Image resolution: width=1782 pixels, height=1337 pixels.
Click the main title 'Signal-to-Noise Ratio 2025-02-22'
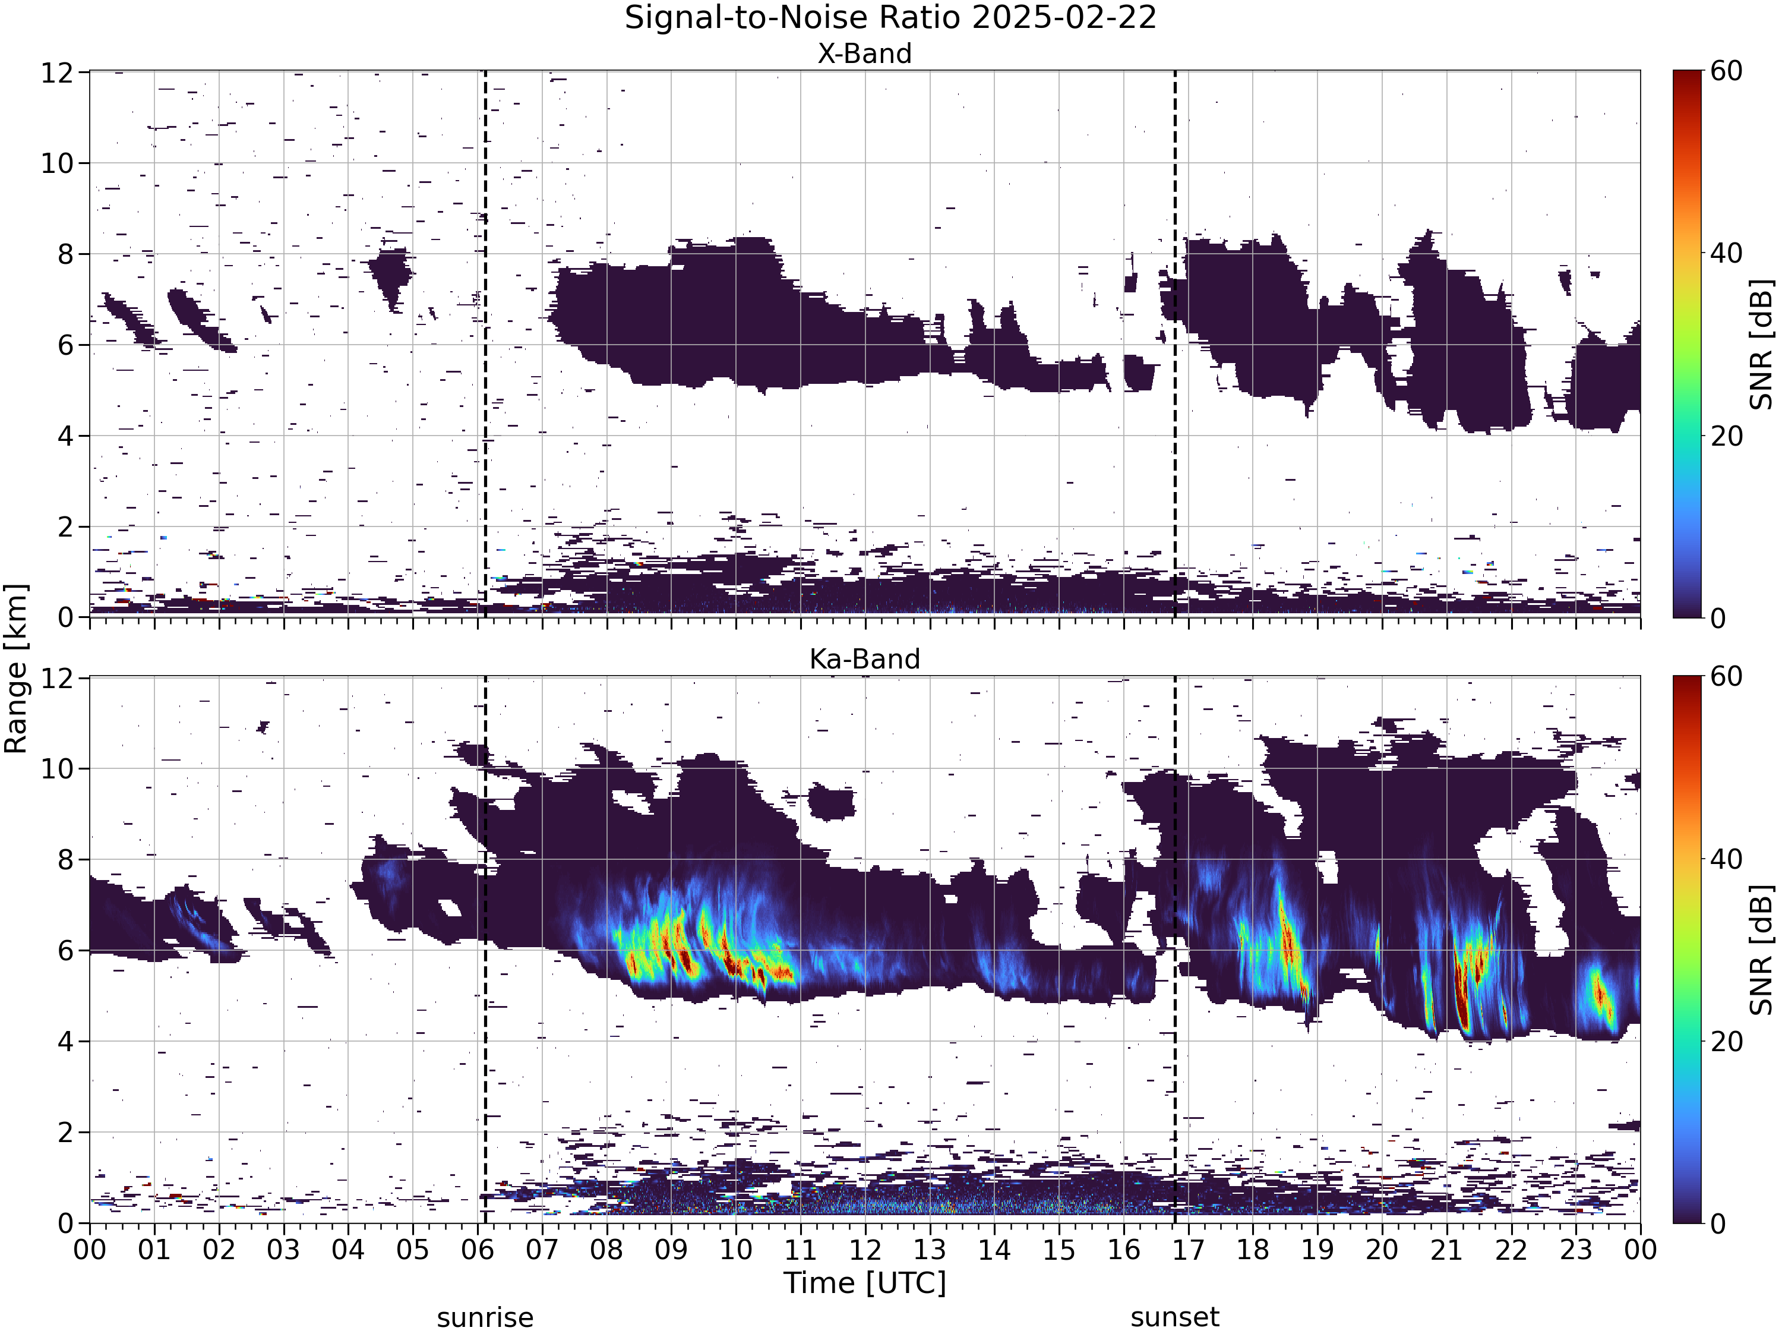[890, 18]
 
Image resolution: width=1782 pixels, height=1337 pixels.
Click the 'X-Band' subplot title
[864, 53]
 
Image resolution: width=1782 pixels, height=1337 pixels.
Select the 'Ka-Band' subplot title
[864, 659]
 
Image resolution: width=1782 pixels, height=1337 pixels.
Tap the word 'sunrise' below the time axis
[485, 1317]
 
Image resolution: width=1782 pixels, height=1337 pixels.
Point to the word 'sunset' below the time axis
[1174, 1317]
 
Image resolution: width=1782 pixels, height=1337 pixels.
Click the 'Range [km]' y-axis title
[16, 669]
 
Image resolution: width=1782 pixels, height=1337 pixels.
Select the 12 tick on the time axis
[865, 1249]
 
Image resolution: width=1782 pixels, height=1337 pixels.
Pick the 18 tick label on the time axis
[1253, 1249]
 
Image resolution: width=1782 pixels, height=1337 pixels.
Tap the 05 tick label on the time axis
[412, 1249]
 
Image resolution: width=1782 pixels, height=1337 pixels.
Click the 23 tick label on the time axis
[1576, 1249]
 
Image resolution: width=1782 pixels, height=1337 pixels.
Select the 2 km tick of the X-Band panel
[64, 527]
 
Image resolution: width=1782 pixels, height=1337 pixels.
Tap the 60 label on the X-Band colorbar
[1726, 71]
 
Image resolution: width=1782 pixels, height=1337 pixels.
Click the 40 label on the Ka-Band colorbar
[1726, 859]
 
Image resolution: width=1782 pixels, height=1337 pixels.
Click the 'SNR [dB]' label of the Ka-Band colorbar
[1762, 950]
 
